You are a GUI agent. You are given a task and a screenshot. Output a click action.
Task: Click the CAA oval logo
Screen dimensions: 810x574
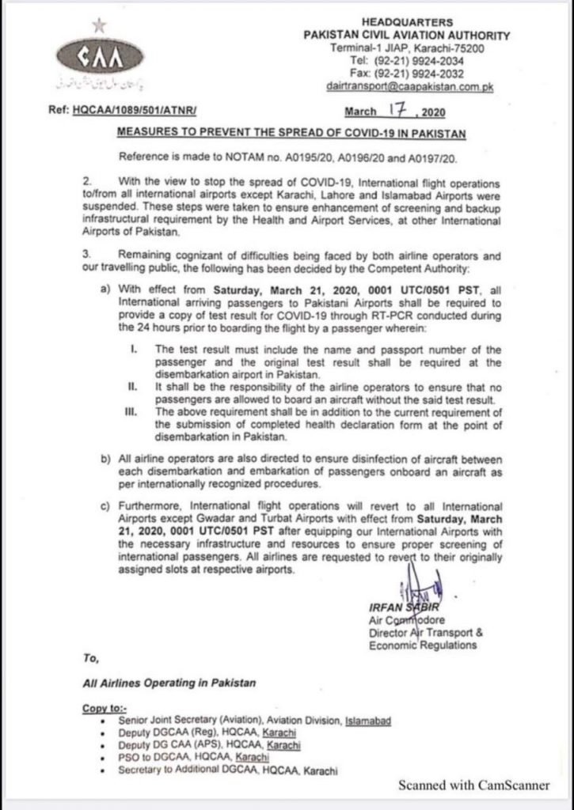point(99,57)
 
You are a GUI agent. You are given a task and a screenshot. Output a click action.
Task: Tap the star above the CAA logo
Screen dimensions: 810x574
point(98,26)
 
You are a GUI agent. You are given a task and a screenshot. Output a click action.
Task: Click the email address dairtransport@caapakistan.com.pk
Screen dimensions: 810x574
point(409,86)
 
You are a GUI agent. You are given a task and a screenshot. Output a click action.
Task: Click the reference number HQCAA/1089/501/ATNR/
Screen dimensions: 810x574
point(134,113)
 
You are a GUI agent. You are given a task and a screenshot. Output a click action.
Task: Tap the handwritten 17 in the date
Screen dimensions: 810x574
point(397,111)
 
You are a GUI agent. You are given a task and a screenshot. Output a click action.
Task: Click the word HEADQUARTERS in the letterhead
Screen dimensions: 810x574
point(407,23)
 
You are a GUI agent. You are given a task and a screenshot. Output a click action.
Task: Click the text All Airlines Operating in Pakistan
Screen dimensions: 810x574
point(169,682)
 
